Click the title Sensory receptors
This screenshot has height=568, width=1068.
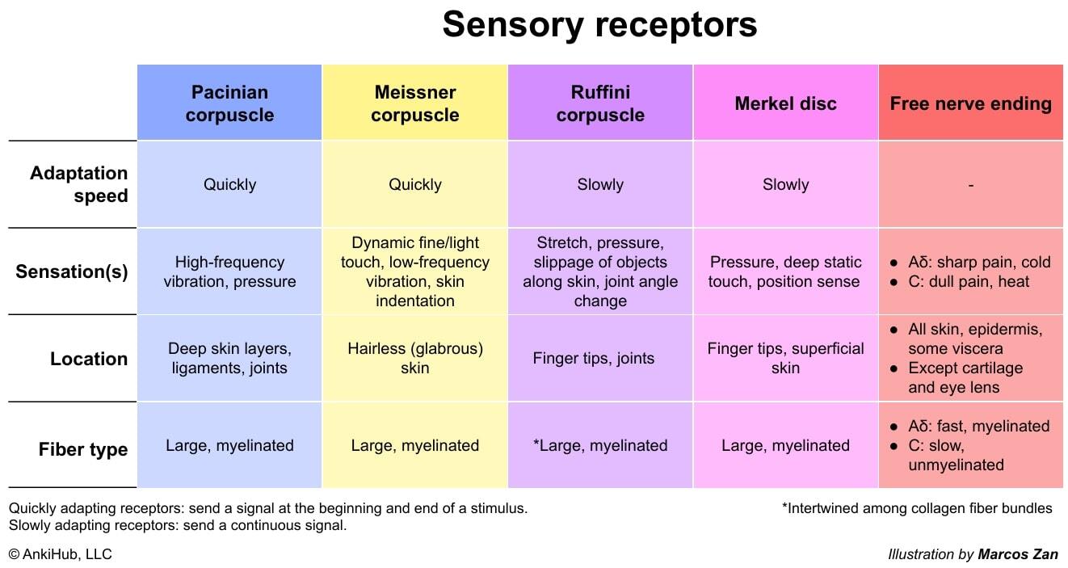pyautogui.click(x=599, y=24)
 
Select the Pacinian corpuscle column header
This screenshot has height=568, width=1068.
pyautogui.click(x=229, y=103)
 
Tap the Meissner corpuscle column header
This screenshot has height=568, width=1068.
pyautogui.click(x=414, y=103)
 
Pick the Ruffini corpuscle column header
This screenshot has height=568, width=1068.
pyautogui.click(x=600, y=103)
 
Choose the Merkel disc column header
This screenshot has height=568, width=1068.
pyautogui.click(x=785, y=103)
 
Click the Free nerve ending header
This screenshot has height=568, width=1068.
pyautogui.click(x=970, y=103)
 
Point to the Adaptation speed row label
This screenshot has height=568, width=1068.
pyautogui.click(x=79, y=184)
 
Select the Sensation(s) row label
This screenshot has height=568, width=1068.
pyautogui.click(x=72, y=271)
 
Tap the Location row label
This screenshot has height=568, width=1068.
pyautogui.click(x=89, y=359)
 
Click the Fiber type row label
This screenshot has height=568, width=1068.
pyautogui.click(x=83, y=449)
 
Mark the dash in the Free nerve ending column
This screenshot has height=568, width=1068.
pyautogui.click(x=970, y=185)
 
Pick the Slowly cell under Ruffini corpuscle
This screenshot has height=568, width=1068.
pyautogui.click(x=600, y=184)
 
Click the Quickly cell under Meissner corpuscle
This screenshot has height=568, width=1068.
pyautogui.click(x=414, y=184)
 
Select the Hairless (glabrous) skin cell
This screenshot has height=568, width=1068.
pyautogui.click(x=414, y=359)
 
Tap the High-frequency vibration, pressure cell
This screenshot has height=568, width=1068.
pyautogui.click(x=229, y=271)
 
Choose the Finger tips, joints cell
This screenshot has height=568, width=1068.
pyautogui.click(x=594, y=359)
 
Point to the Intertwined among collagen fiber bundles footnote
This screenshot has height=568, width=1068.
pyautogui.click(x=917, y=508)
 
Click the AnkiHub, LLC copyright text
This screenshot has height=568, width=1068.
pyautogui.click(x=61, y=554)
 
